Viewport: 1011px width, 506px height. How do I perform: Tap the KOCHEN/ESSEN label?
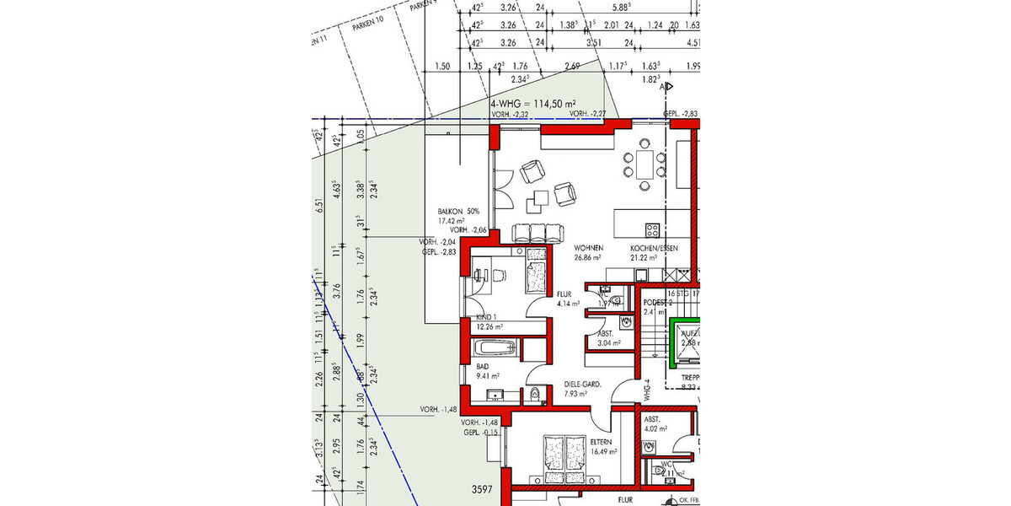click(x=653, y=248)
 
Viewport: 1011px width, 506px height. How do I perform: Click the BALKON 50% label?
click(x=458, y=212)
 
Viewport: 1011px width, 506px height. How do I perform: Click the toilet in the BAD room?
click(x=536, y=393)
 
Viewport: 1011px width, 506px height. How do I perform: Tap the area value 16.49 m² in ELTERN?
click(x=604, y=451)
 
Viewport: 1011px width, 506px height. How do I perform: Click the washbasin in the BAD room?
click(x=495, y=396)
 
